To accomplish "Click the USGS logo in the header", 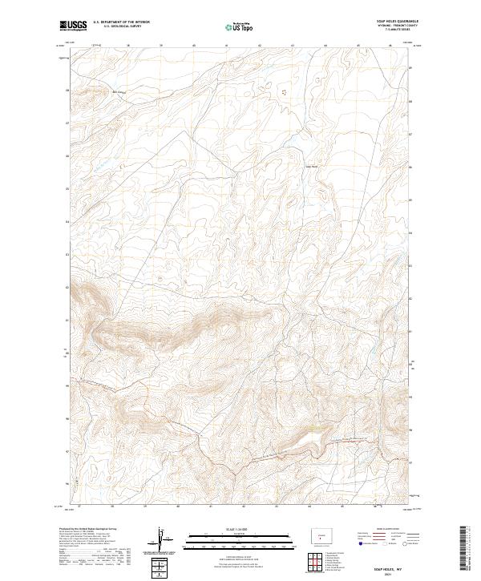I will pos(74,26).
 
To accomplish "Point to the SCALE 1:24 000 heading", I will pos(237,528).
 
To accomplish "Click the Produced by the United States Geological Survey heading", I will pos(88,528).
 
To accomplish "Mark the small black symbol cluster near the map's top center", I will pos(281,93).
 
